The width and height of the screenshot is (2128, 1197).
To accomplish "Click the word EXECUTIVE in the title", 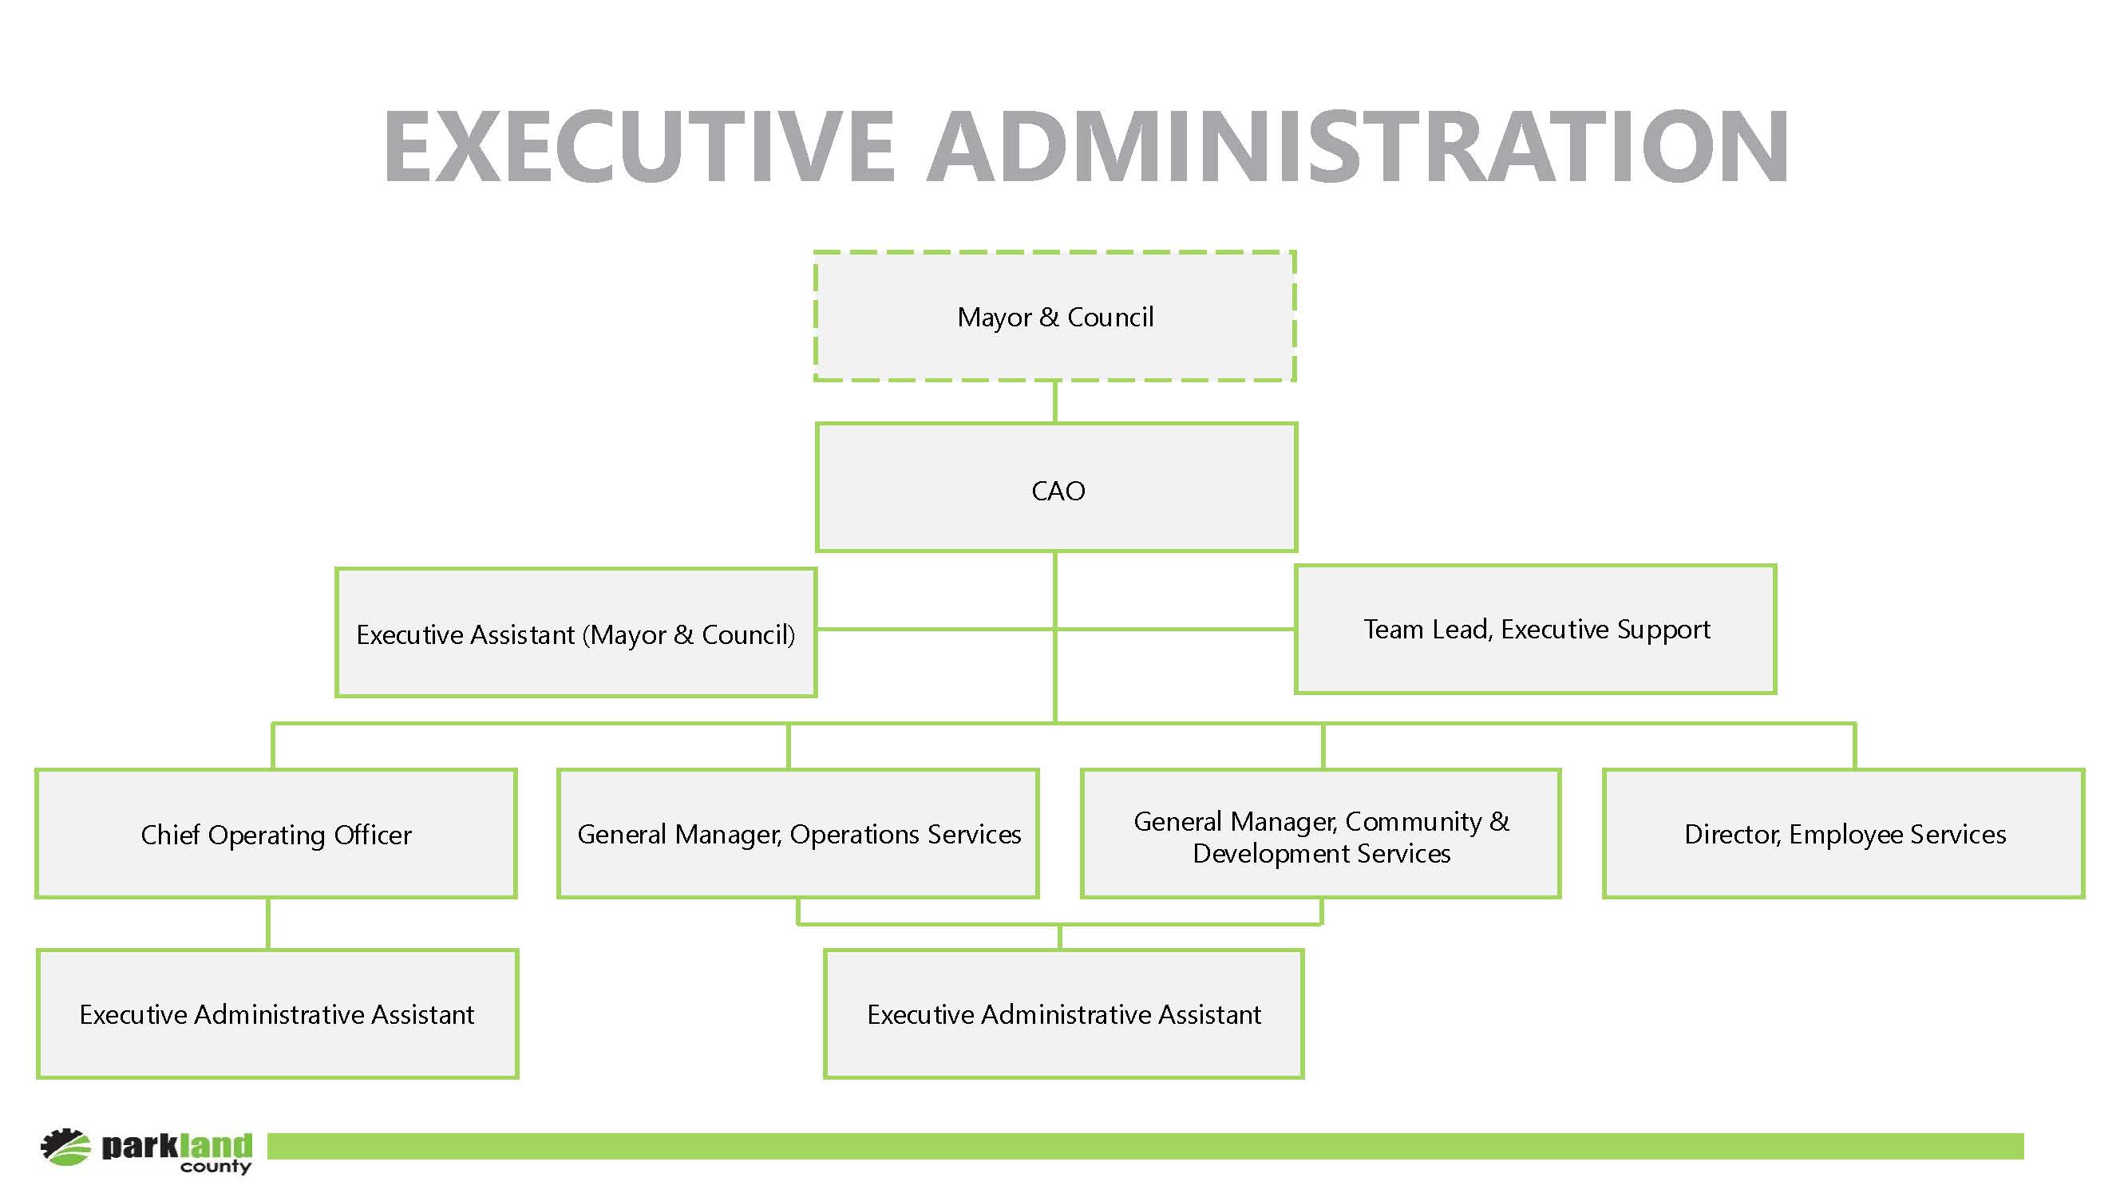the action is [639, 146].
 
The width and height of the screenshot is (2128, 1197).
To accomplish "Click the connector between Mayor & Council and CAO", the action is [1055, 402].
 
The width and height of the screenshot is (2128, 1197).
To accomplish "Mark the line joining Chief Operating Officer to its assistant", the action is [268, 923].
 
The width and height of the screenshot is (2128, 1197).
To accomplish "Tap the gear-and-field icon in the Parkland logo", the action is [65, 1148].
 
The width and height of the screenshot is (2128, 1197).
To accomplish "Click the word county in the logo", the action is [216, 1167].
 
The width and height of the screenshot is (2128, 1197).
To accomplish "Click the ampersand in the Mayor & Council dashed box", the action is [1049, 318].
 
